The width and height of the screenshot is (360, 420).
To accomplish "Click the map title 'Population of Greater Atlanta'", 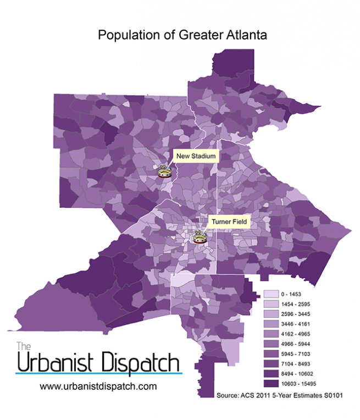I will point(182,35).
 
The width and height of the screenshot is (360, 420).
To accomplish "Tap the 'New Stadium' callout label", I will point(196,156).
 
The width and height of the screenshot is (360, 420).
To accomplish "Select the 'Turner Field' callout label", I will point(229,222).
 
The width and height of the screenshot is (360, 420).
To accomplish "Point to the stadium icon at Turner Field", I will point(198,238).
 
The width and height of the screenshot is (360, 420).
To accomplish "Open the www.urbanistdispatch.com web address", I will point(98,386).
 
